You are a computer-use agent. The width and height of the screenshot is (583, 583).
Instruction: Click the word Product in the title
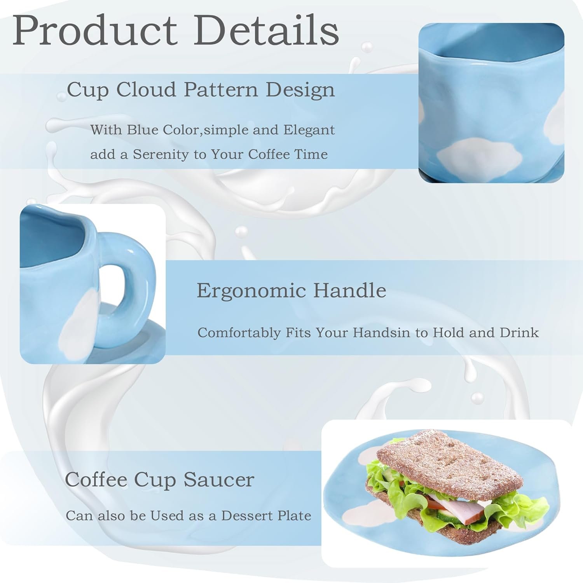(95, 31)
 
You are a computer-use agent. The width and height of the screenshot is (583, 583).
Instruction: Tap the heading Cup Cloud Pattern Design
(201, 90)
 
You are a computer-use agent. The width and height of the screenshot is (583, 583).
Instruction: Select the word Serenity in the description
(165, 155)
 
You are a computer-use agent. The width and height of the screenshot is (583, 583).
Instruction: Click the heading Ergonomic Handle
(291, 290)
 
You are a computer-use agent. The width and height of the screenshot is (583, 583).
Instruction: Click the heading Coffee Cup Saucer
(159, 479)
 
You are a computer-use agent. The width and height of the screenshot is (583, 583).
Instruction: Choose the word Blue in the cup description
(141, 129)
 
